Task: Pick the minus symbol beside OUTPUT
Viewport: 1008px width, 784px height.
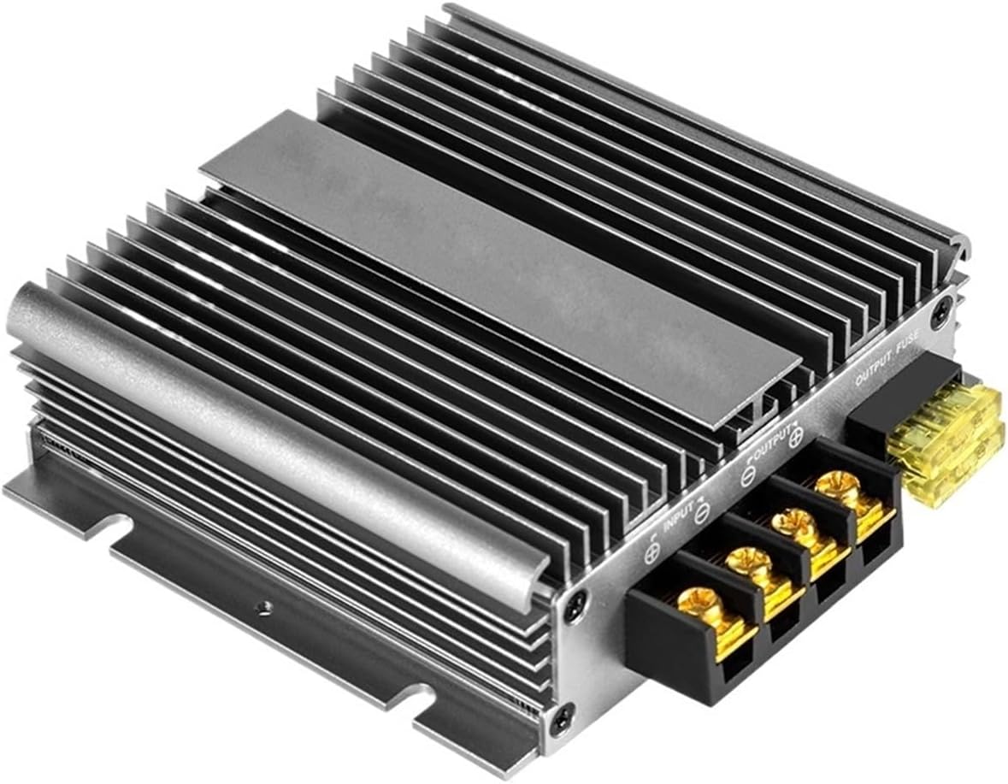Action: [746, 476]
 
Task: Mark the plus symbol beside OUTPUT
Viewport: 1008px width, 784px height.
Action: [795, 436]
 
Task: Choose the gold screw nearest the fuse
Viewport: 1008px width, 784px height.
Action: [834, 486]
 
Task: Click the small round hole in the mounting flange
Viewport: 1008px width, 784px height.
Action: [268, 605]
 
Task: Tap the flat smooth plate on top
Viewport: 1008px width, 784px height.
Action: [504, 274]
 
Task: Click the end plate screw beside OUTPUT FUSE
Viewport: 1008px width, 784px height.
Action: [942, 301]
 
